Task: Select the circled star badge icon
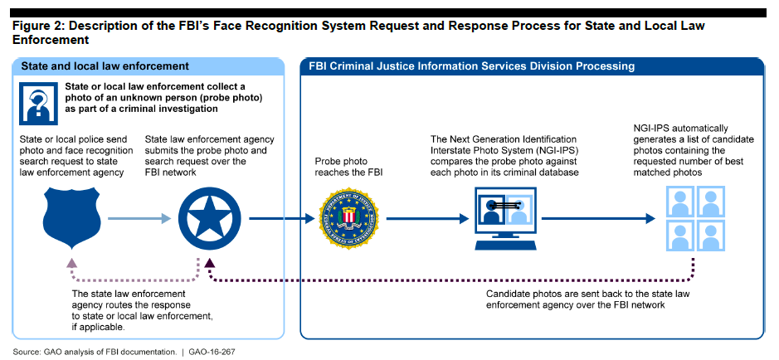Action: (x=203, y=219)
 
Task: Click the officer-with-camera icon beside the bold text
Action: (x=39, y=102)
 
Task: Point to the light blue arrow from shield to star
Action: (x=133, y=219)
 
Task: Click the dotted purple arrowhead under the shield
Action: (x=71, y=263)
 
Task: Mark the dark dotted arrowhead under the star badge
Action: (x=210, y=263)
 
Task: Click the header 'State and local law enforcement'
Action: (x=105, y=66)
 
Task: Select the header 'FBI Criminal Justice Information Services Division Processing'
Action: (x=472, y=66)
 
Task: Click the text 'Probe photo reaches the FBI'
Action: (x=346, y=167)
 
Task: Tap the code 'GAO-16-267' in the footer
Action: (x=210, y=352)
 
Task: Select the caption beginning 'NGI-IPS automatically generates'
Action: (x=694, y=150)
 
